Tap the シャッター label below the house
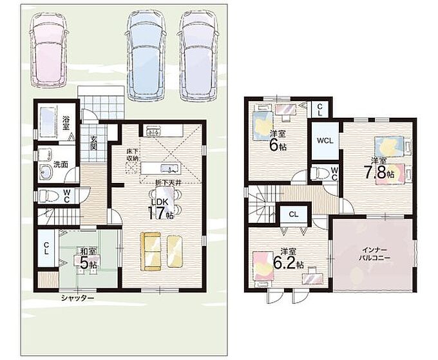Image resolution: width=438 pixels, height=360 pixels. click(x=78, y=298)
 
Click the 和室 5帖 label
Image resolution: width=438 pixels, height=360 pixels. click(x=88, y=258)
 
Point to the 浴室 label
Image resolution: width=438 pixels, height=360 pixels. click(x=66, y=123)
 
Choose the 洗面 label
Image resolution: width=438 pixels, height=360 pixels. click(x=61, y=164)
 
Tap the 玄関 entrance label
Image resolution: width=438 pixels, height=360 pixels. click(x=93, y=143)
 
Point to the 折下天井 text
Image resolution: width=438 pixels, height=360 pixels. click(x=169, y=183)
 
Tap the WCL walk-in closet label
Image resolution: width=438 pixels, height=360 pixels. click(x=325, y=141)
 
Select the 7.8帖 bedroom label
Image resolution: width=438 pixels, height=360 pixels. click(x=379, y=171)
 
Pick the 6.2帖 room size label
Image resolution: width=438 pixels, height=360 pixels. click(x=288, y=259)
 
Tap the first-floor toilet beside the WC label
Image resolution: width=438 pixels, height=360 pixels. click(x=48, y=195)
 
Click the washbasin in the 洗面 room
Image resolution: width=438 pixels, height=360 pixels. click(x=45, y=171)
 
